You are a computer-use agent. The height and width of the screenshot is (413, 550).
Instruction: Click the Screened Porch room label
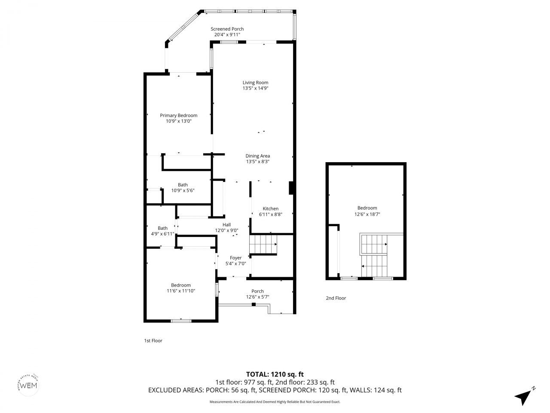click(227, 29)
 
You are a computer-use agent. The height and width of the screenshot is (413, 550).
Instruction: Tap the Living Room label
click(255, 83)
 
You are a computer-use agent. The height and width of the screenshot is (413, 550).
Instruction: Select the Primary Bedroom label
click(178, 115)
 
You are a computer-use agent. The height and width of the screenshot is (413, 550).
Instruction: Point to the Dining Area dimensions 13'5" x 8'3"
click(257, 162)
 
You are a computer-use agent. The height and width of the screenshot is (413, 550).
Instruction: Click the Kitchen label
click(270, 209)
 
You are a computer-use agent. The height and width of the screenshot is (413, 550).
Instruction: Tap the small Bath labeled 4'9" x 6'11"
click(162, 231)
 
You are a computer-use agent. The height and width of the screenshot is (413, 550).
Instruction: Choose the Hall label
click(226, 225)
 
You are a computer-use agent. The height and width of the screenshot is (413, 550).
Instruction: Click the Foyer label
click(235, 258)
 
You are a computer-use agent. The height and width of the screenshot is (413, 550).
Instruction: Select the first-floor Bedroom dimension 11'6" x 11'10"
click(180, 291)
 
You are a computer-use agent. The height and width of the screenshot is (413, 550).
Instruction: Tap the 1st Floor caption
click(153, 341)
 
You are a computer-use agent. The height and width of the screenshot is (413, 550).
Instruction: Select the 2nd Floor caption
click(336, 298)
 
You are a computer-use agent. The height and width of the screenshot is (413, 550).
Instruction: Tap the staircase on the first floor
click(264, 245)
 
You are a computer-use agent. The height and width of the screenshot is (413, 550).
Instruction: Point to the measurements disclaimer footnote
click(275, 402)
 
